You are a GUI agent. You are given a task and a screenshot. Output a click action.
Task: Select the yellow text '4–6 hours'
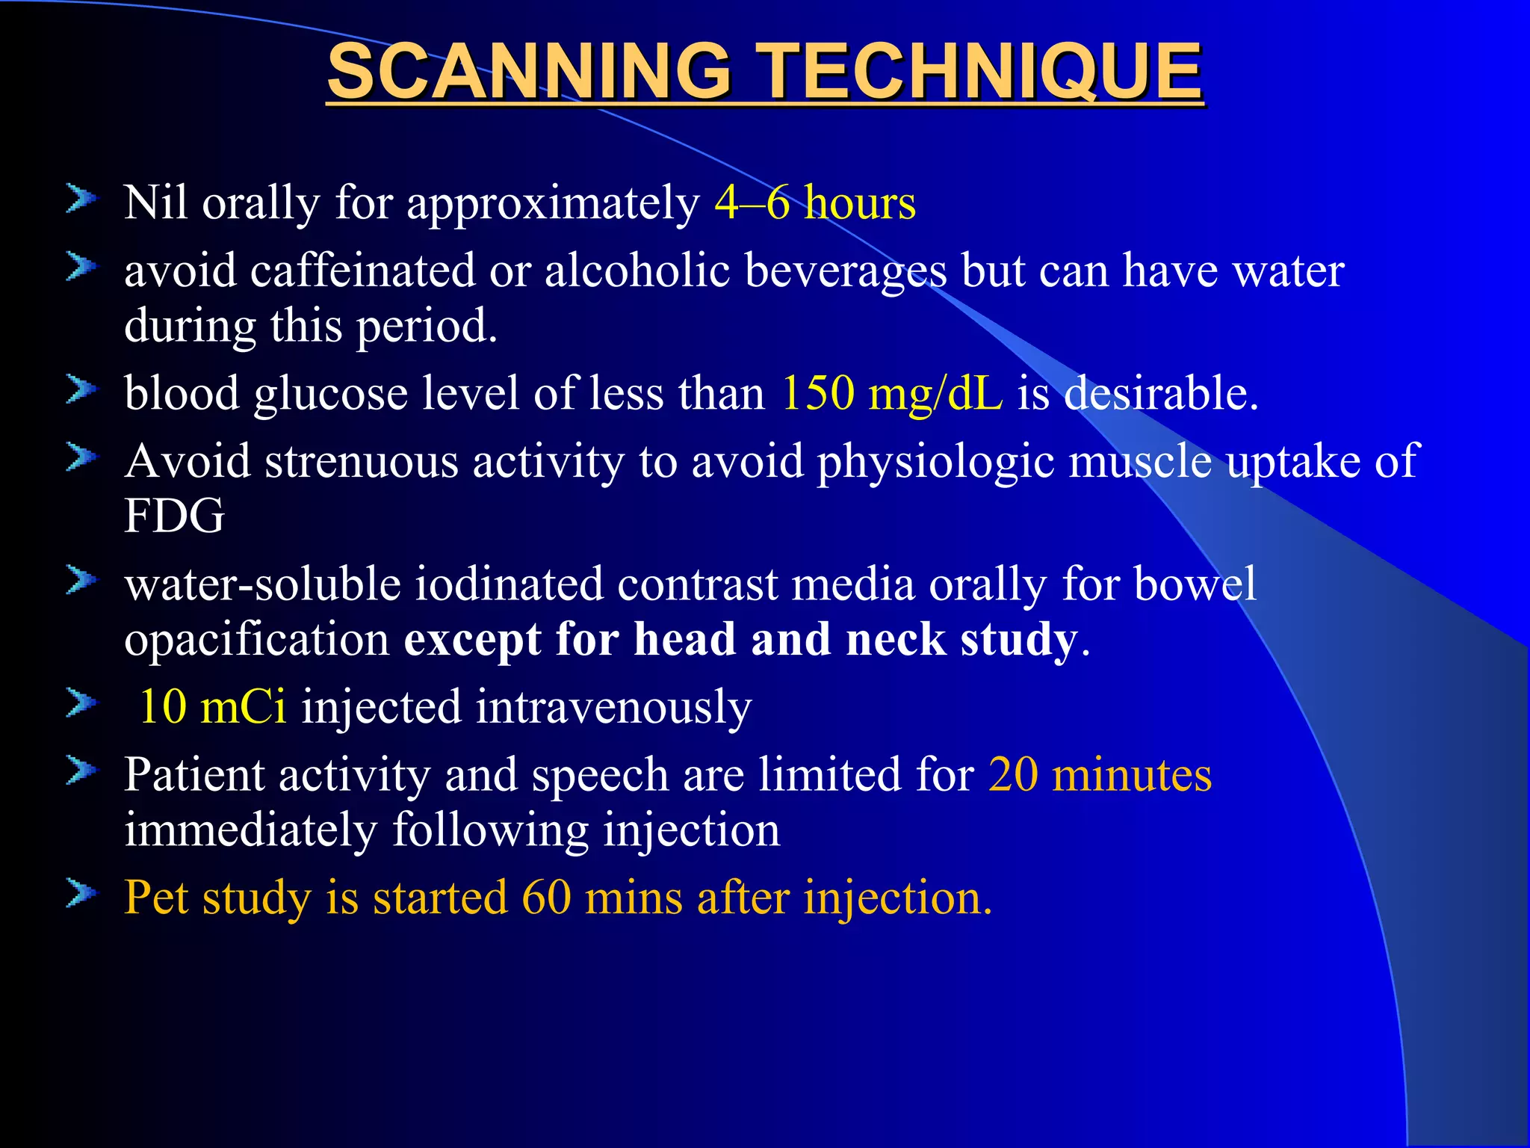[x=814, y=203]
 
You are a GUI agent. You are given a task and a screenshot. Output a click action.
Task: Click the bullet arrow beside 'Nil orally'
[x=81, y=199]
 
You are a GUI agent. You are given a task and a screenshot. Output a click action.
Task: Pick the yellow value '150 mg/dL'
[x=891, y=393]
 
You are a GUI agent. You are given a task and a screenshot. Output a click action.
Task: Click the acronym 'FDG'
[x=174, y=516]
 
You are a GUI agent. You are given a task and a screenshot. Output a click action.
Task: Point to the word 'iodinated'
[x=509, y=584]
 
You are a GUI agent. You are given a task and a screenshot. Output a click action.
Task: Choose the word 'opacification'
[x=257, y=640]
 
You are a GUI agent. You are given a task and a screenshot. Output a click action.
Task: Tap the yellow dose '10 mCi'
[x=213, y=706]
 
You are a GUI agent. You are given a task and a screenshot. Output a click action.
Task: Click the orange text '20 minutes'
[x=1100, y=774]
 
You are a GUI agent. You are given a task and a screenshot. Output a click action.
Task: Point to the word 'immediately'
[x=251, y=830]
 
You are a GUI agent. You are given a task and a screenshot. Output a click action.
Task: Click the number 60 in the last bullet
[x=546, y=897]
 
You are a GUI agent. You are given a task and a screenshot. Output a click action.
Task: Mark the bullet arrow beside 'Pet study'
[x=81, y=893]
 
